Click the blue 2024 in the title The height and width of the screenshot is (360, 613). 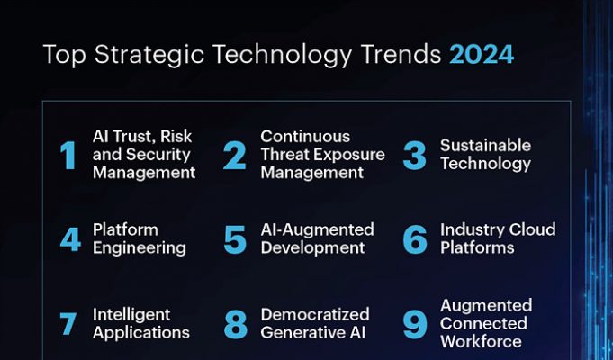pyautogui.click(x=482, y=54)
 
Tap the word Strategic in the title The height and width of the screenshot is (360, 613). pyautogui.click(x=149, y=55)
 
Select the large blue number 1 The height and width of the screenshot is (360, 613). pyautogui.click(x=68, y=156)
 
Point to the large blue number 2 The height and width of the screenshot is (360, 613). pyautogui.click(x=235, y=156)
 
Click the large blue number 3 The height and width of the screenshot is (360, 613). pyautogui.click(x=414, y=156)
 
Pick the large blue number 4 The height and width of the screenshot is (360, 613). pyautogui.click(x=71, y=238)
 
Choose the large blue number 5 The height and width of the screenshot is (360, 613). pyautogui.click(x=235, y=239)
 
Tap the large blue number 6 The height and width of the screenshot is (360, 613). pyautogui.click(x=415, y=239)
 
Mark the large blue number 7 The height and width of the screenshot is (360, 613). pyautogui.click(x=68, y=323)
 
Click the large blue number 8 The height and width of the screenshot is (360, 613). pyautogui.click(x=235, y=324)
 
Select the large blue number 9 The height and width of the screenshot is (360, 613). pyautogui.click(x=415, y=324)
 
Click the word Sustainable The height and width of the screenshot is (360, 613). pyautogui.click(x=485, y=146)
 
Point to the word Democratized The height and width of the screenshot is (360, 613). pyautogui.click(x=315, y=314)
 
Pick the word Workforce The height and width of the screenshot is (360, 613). pyautogui.click(x=481, y=341)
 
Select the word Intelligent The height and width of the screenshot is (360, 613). pyautogui.click(x=131, y=315)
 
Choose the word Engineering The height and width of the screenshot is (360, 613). pyautogui.click(x=140, y=248)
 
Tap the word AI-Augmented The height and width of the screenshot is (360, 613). pyautogui.click(x=318, y=229)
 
